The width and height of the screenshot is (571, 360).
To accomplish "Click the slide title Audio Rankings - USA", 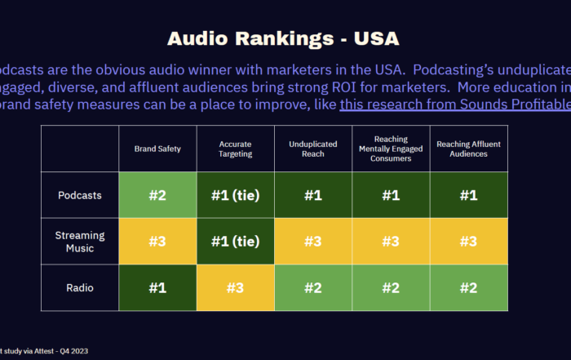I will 283,38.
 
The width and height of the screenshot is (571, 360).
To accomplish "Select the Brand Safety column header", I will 157,149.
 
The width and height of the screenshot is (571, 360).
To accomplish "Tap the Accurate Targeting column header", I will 235,149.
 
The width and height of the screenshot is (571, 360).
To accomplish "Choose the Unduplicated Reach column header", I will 312,149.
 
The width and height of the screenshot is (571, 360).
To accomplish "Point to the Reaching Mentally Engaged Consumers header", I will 391,149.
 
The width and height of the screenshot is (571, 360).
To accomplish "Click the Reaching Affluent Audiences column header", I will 468,149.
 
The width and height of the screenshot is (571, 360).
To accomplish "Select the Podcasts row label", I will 80,196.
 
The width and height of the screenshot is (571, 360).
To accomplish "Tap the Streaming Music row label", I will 80,242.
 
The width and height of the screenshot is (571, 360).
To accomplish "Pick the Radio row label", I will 80,287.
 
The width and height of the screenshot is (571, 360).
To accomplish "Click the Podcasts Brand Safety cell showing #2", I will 157,196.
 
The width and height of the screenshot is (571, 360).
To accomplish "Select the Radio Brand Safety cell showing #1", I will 157,287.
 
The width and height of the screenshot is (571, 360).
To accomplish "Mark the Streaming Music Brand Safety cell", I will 157,242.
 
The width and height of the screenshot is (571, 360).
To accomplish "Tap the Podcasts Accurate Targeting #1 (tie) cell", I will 235,196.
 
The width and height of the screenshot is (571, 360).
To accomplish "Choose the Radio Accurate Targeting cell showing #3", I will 235,287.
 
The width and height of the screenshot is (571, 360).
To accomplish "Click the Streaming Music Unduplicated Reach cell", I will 312,242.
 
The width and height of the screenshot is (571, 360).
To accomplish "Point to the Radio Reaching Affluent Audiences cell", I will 468,287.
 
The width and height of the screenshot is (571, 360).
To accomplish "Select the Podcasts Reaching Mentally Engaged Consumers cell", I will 391,196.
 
